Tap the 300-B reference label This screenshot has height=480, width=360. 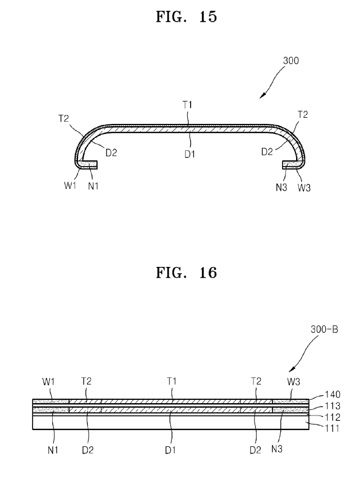(325, 331)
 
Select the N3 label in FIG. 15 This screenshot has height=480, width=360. (281, 187)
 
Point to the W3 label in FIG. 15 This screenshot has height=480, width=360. (304, 187)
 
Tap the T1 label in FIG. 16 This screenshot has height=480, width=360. (172, 381)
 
